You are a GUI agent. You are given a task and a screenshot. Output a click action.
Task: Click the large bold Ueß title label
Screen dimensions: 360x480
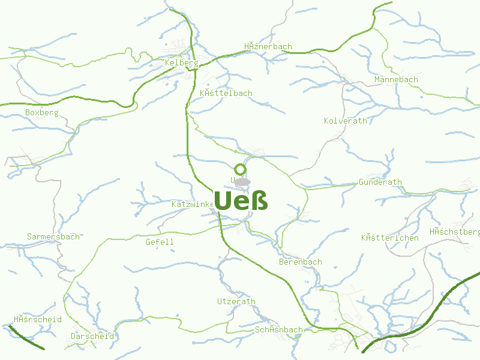pos(241,200)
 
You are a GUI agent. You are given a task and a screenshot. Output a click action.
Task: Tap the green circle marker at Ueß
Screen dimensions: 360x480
pos(240,169)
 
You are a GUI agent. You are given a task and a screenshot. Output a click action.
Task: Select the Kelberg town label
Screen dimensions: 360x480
pos(181,62)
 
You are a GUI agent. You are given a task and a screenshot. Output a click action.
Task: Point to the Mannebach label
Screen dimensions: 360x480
pos(396,79)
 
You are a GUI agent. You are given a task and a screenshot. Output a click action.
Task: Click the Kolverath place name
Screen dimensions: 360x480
pos(346,121)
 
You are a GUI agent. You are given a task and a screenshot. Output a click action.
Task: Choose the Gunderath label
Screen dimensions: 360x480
pos(380,182)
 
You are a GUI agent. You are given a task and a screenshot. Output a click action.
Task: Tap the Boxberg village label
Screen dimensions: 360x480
pos(42,112)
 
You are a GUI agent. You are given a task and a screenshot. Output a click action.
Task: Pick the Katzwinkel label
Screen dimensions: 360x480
pos(193,204)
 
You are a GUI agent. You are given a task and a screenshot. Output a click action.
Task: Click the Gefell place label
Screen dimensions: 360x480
pos(160,242)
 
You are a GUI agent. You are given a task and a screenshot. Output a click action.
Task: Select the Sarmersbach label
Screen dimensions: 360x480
pos(53,236)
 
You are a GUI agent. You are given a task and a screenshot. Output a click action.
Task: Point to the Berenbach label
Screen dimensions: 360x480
pos(301,262)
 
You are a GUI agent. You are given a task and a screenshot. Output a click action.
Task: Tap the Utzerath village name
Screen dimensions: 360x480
pos(236,301)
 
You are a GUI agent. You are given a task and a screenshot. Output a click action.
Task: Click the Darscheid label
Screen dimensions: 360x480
pos(92,336)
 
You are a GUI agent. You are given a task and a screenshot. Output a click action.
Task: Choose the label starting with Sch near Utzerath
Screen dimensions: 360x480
pos(279,329)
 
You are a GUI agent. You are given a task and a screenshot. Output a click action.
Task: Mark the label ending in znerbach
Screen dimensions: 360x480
pos(268,46)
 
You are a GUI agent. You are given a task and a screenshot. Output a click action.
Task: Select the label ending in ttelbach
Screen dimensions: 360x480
pos(226,93)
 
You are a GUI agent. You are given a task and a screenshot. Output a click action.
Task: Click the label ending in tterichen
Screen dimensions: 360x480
pos(390,238)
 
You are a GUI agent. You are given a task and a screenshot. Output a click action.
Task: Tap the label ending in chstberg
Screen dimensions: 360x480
pos(455,232)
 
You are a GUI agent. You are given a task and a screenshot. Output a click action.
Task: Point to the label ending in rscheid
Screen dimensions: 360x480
pos(38,319)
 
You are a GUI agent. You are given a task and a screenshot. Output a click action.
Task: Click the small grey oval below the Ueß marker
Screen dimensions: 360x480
pos(242,182)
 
